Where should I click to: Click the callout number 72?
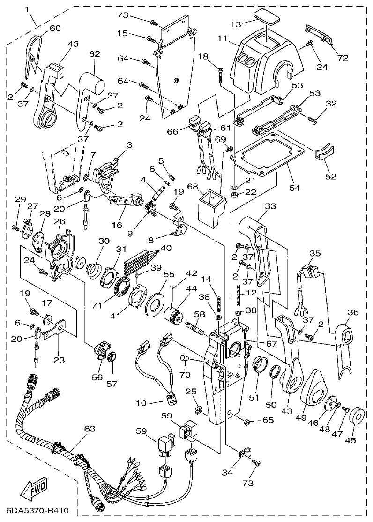tap(343, 58)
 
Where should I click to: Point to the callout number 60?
tap(55, 28)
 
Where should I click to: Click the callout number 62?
tap(94, 54)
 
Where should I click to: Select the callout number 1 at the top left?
tap(27, 9)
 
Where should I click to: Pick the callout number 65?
tap(268, 420)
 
